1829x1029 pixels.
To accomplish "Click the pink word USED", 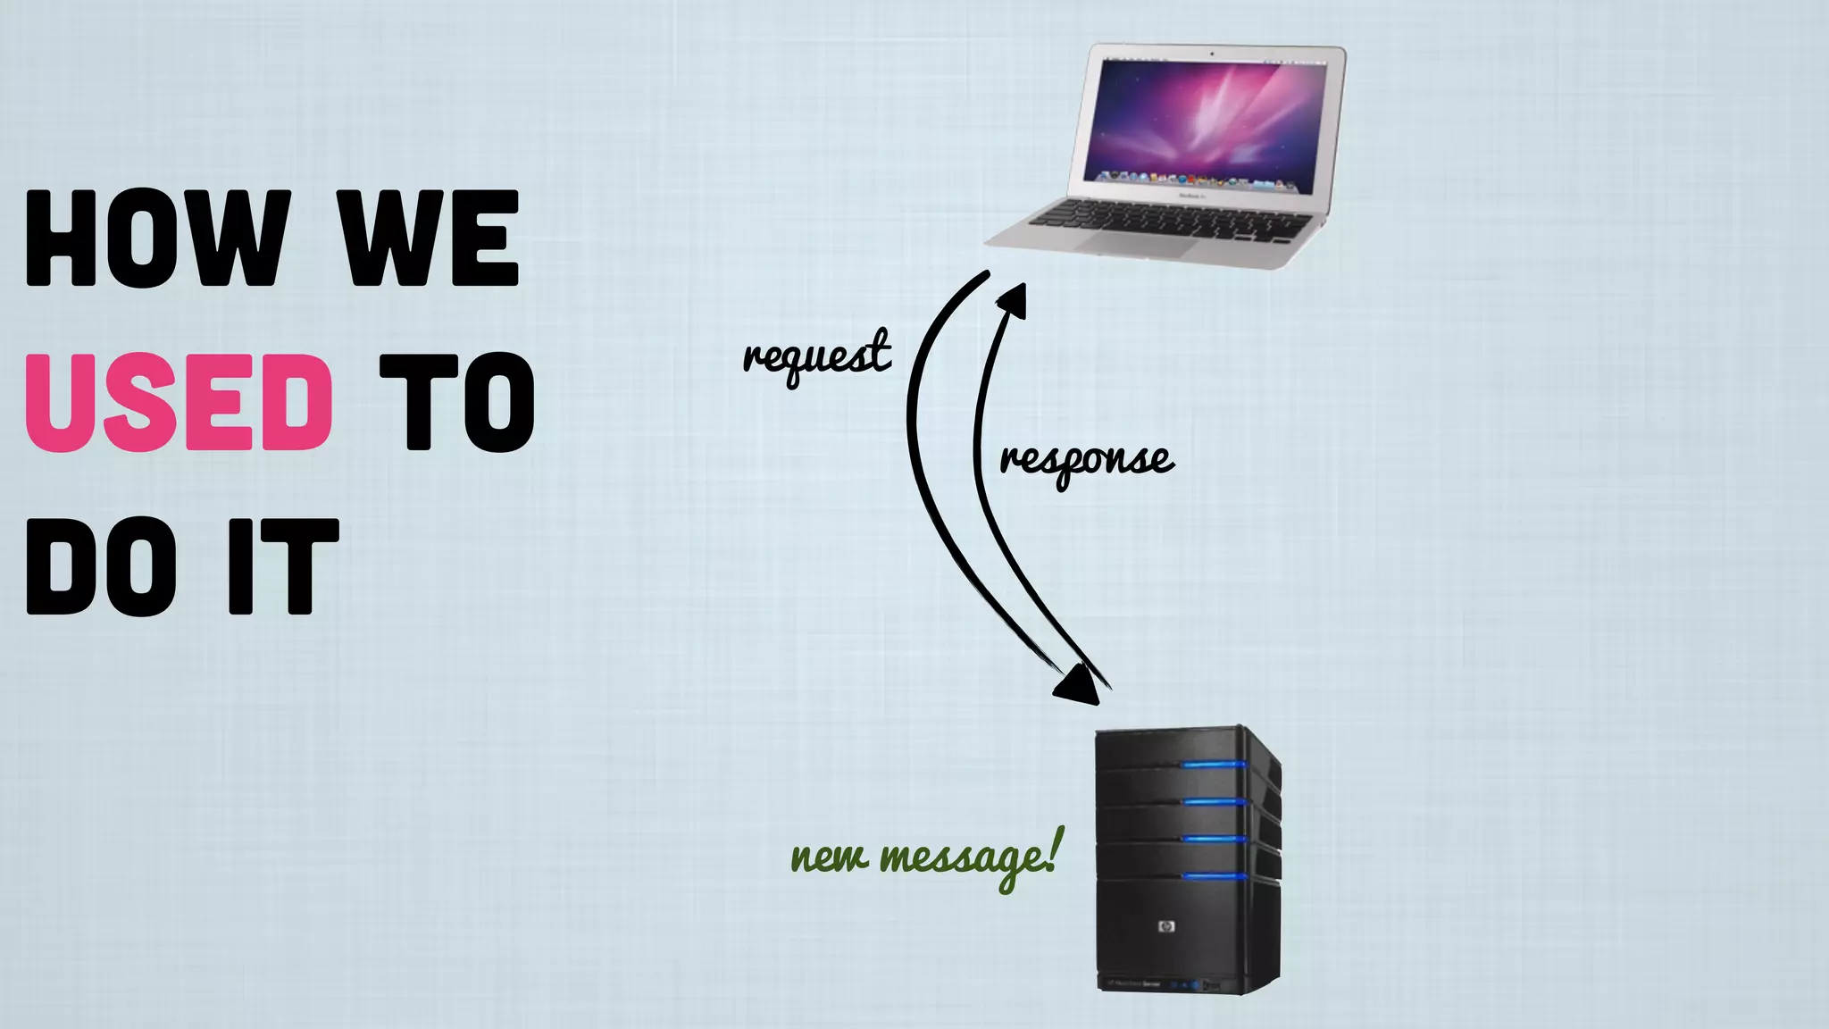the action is [179, 402].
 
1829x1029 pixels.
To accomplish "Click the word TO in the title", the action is [456, 402].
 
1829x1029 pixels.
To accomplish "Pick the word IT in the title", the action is [283, 566].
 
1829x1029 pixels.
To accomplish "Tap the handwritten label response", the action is [1086, 461].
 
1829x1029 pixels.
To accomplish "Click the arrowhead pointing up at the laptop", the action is [1015, 300].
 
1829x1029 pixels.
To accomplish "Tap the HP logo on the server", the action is [1165, 926].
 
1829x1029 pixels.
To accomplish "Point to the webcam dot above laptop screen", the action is [1212, 54].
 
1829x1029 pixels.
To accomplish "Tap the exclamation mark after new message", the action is [1055, 849].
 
